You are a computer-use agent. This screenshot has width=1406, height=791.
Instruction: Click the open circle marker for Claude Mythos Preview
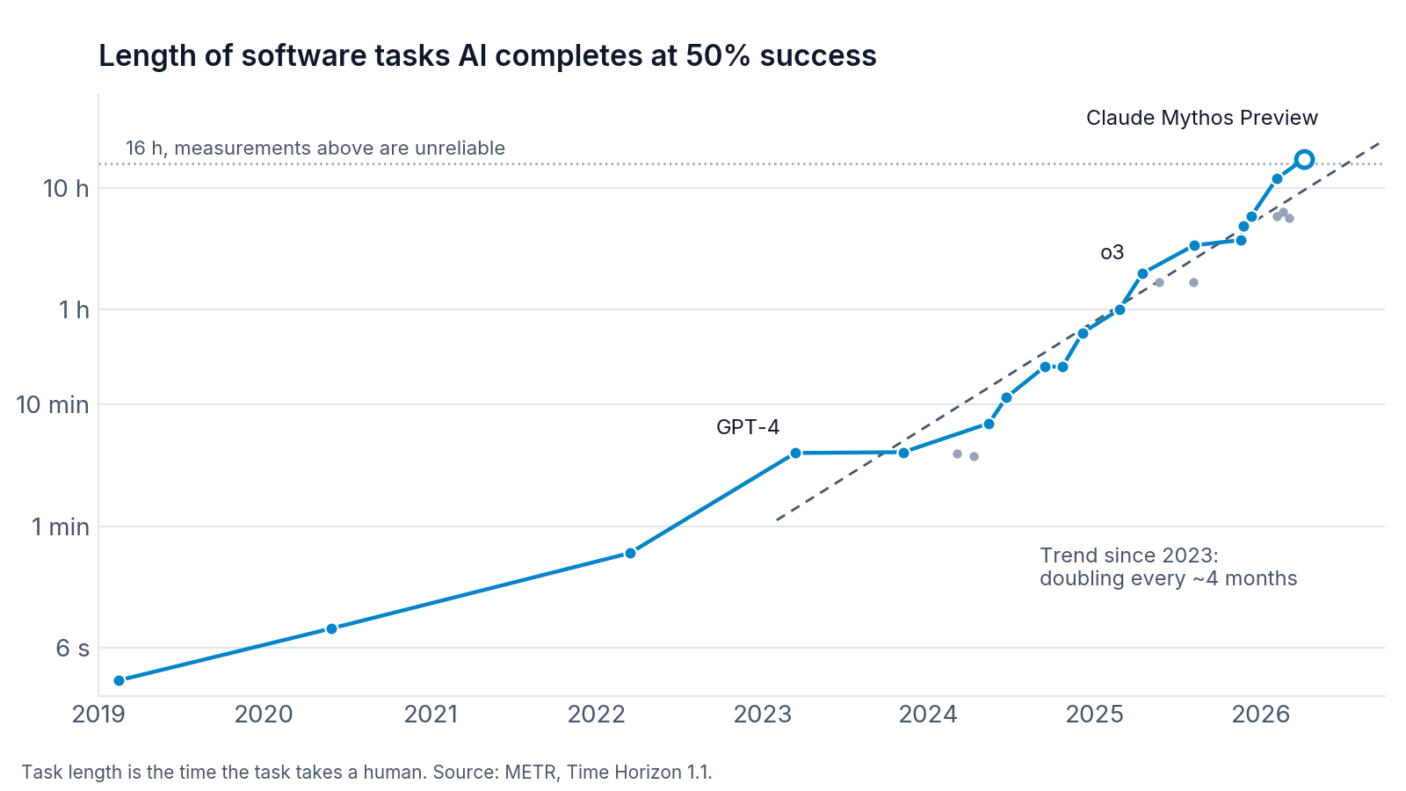[x=1304, y=159]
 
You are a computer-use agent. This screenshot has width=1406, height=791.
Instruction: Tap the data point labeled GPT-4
[x=795, y=453]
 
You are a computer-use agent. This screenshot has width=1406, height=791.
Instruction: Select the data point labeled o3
[x=1142, y=273]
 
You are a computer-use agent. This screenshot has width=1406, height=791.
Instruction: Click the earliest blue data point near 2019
[x=120, y=680]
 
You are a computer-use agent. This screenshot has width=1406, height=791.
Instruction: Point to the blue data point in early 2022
[x=630, y=553]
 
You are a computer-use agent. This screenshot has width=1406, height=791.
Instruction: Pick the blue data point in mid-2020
[x=331, y=628]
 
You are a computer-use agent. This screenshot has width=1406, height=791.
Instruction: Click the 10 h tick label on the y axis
[x=66, y=188]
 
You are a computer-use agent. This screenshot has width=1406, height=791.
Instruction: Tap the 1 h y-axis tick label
[x=74, y=309]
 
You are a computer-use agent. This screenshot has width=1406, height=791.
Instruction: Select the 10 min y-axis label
[x=53, y=405]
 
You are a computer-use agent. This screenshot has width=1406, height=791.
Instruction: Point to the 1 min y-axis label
[x=61, y=526]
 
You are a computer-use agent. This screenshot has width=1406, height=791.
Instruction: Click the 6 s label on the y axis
[x=73, y=648]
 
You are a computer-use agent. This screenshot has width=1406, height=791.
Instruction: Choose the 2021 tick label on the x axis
[x=431, y=715]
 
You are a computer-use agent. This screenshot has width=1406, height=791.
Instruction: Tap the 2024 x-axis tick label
[x=928, y=715]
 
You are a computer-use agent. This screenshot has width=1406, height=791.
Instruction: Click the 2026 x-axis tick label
[x=1260, y=715]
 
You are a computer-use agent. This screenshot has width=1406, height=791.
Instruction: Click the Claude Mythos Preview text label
[x=1202, y=118]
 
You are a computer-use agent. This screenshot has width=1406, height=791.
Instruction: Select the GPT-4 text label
[x=748, y=427]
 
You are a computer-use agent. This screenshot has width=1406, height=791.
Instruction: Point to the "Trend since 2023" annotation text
[x=1129, y=555]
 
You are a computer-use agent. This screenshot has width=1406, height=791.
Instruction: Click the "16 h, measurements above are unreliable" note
[x=315, y=149]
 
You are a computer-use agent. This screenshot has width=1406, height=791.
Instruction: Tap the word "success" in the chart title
[x=818, y=56]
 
